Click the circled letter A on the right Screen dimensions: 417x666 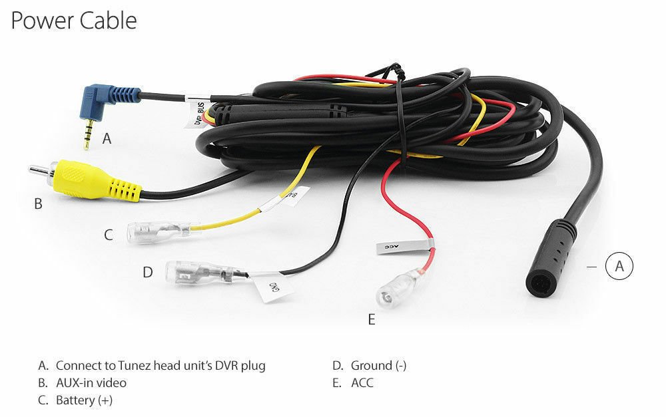click(619, 266)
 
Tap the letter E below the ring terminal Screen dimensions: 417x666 click(372, 320)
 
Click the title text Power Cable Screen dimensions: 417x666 click(73, 21)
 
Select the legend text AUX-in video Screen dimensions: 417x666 click(91, 383)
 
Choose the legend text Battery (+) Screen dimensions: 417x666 click(84, 400)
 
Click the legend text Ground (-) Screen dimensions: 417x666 click(378, 366)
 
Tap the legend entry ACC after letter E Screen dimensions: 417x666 click(362, 383)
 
